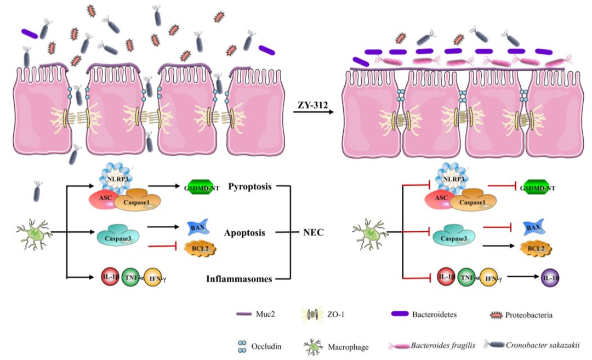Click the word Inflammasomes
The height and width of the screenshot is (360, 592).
coord(239,278)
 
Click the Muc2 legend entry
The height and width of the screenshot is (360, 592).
coord(263,314)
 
